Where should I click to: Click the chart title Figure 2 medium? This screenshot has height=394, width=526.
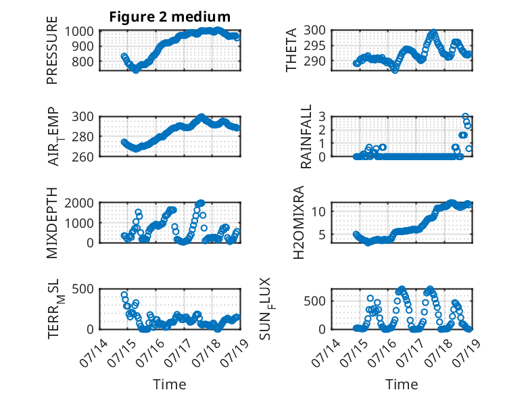(x=170, y=16)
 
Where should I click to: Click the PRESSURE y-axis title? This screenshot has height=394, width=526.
(x=52, y=50)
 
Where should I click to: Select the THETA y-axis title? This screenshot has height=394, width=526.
(x=291, y=50)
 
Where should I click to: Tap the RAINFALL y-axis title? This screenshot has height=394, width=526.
(x=306, y=137)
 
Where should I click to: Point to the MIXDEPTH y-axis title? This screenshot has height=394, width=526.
(x=52, y=223)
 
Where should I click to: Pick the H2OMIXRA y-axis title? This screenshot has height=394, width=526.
(x=298, y=222)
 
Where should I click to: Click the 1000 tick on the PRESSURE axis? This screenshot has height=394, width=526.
(x=79, y=32)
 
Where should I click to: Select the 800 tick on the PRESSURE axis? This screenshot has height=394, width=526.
(x=82, y=61)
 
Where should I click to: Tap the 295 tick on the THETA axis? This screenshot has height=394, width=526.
(x=314, y=45)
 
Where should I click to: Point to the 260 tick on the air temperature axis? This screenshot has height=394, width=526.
(x=82, y=157)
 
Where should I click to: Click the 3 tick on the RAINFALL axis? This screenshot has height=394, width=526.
(x=322, y=117)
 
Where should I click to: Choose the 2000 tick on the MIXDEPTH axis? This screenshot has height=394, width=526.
(x=79, y=203)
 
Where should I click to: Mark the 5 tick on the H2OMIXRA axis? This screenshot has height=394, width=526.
(x=322, y=235)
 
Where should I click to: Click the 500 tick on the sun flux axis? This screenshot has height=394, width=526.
(x=314, y=301)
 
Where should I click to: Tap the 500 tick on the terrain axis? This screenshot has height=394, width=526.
(x=82, y=289)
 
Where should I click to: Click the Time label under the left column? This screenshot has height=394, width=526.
(x=170, y=385)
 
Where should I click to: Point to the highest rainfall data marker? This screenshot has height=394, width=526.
(x=465, y=117)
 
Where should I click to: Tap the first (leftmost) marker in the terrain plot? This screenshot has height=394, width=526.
(x=124, y=295)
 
